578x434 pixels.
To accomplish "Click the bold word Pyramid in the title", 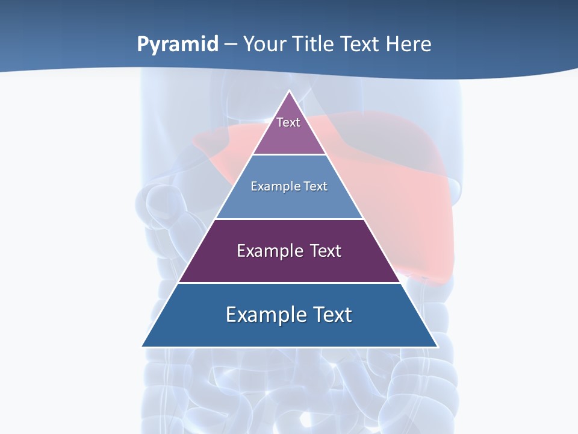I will pyautogui.click(x=178, y=44).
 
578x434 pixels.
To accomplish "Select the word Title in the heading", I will pyautogui.click(x=313, y=44).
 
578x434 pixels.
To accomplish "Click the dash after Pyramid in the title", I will pyautogui.click(x=231, y=45).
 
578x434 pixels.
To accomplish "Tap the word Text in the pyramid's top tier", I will pyautogui.click(x=288, y=122).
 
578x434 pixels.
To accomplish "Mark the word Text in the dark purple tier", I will pyautogui.click(x=326, y=251).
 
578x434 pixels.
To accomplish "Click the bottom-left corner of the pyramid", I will pyautogui.click(x=143, y=346).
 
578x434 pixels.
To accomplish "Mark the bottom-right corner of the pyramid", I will pyautogui.click(x=437, y=346).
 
